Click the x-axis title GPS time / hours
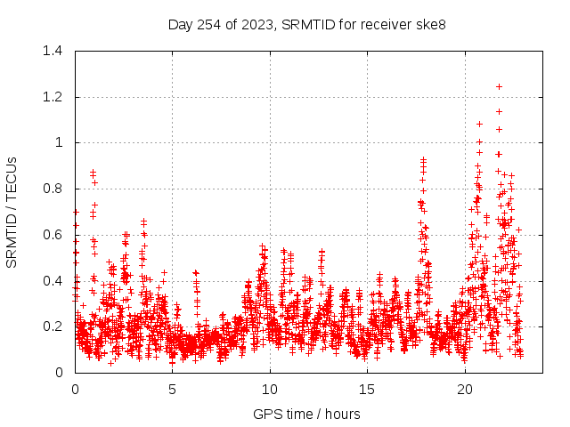coord(306,414)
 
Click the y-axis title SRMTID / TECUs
coord(12,212)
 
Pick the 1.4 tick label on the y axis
coord(53,51)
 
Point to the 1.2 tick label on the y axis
coord(53,97)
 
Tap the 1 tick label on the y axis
coord(61,142)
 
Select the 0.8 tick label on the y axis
coord(53,189)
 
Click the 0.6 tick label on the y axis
coord(53,235)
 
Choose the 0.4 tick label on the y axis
coord(53,280)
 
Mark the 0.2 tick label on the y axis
coord(53,326)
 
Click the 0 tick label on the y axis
coord(61,373)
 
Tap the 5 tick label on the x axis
coord(173,390)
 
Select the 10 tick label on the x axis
coord(270,390)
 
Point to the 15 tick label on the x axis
coord(368,390)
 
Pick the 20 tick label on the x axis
coord(465,390)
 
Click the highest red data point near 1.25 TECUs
coord(499,86)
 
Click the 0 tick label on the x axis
coord(75,390)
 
